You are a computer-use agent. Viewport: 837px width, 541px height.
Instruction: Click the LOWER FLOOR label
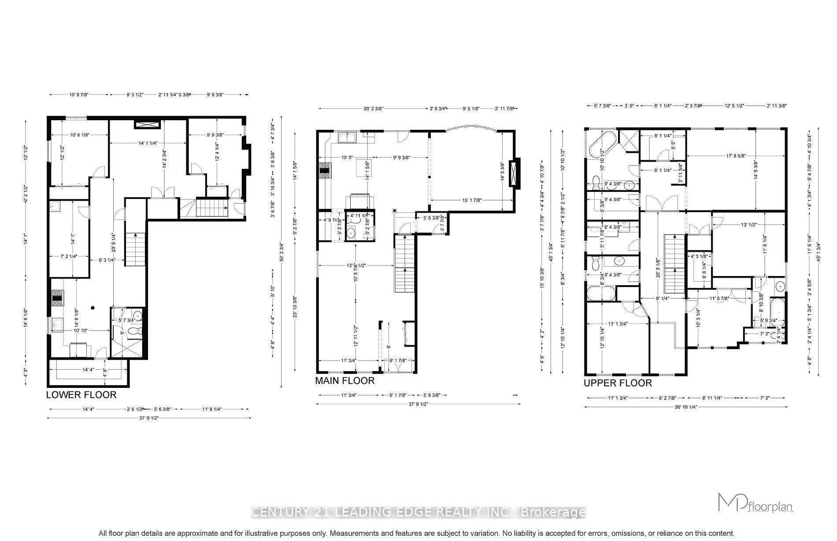coord(81,395)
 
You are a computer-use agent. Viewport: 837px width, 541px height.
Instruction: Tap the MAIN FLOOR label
coord(344,381)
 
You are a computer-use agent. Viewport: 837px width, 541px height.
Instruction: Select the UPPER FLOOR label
coord(618,383)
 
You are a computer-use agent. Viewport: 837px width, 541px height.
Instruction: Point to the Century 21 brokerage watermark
coord(418,512)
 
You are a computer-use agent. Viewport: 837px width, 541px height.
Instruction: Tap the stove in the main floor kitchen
coord(325,171)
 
